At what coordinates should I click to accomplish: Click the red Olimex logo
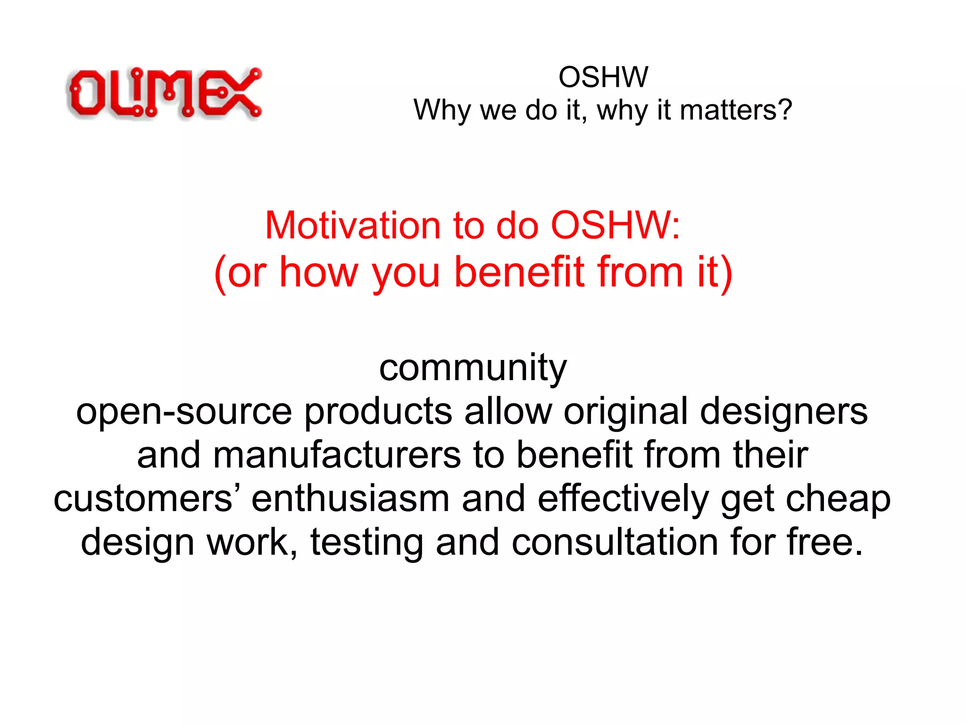pyautogui.click(x=164, y=93)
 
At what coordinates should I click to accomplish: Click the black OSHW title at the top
pyautogui.click(x=603, y=77)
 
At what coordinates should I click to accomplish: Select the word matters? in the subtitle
pyautogui.click(x=736, y=110)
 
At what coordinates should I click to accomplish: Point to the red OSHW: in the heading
pyautogui.click(x=616, y=225)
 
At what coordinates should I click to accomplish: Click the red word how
pyautogui.click(x=319, y=272)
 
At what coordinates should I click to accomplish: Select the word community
pyautogui.click(x=473, y=368)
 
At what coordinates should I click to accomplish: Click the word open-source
pyautogui.click(x=184, y=411)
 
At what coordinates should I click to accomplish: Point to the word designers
pyautogui.click(x=783, y=411)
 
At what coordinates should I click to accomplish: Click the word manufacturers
pyautogui.click(x=337, y=455)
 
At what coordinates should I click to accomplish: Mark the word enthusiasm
pyautogui.click(x=350, y=499)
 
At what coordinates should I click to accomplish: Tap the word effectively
pyautogui.click(x=623, y=499)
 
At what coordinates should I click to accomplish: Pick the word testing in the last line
pyautogui.click(x=366, y=542)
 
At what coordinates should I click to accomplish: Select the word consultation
pyautogui.click(x=615, y=542)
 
